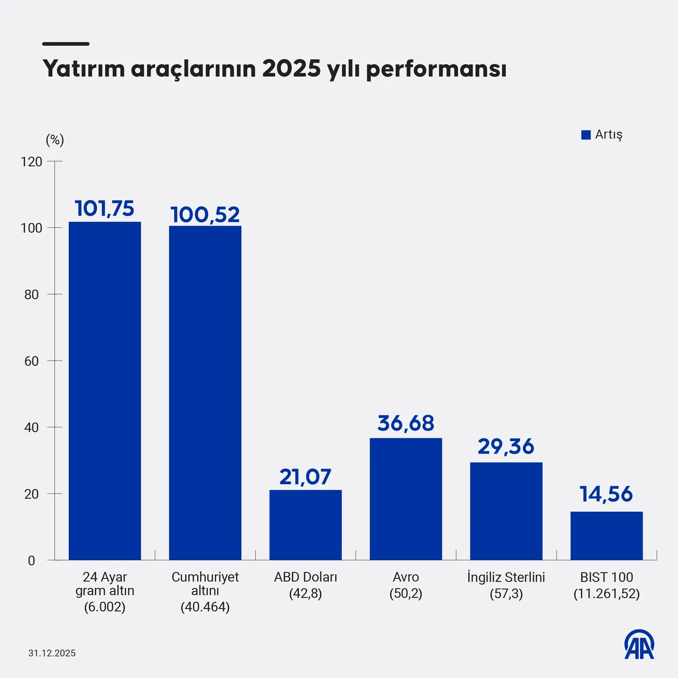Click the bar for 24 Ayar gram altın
105,391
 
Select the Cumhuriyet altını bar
205,393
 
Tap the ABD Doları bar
306,525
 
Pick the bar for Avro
406,499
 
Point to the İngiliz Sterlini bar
506,511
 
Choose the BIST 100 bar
606,536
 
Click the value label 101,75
105,209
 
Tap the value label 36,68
406,423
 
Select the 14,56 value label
606,494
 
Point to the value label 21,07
306,477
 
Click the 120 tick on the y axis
32,162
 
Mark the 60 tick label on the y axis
32,361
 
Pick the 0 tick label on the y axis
32,560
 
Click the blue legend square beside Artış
586,135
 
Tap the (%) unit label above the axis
55,140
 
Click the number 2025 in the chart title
291,69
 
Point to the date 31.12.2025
52,653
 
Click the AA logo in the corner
639,645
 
